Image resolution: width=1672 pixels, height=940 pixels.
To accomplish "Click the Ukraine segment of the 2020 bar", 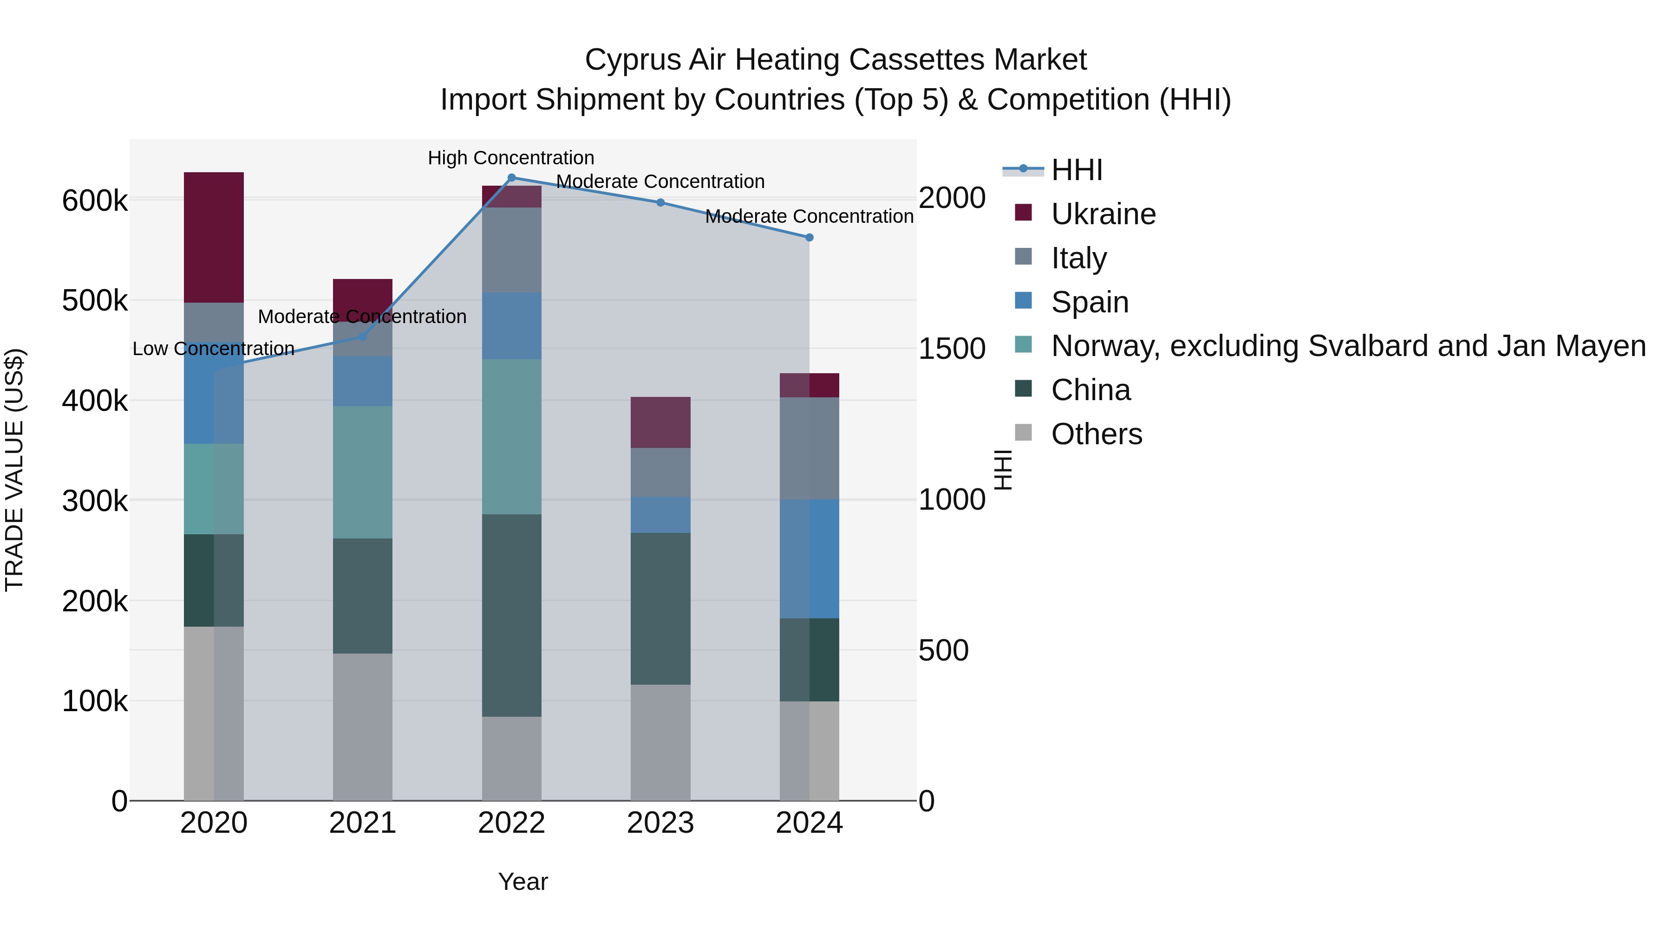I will [214, 237].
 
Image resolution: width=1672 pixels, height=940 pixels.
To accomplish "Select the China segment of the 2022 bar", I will [511, 615].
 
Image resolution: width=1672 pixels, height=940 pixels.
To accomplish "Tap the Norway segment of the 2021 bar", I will [362, 472].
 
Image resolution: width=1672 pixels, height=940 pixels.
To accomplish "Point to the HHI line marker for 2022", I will [511, 178].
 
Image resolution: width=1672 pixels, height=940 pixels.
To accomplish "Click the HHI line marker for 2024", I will [809, 237].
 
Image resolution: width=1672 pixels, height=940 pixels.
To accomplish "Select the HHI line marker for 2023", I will [660, 202].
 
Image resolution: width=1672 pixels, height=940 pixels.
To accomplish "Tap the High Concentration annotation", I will [511, 158].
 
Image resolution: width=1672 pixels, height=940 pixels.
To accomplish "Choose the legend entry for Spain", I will [1089, 302].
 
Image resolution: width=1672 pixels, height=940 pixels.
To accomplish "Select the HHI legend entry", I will [1076, 170].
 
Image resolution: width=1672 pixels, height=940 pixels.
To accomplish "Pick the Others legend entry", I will [1096, 434].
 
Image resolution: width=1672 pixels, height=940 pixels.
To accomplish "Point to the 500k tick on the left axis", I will [95, 301].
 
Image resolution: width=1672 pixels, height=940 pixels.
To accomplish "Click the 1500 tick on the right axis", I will [952, 348].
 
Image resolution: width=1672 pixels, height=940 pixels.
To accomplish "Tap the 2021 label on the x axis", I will [362, 823].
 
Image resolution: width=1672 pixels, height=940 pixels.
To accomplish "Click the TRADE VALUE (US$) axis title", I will [14, 470].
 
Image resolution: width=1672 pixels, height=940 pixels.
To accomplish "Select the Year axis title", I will [522, 882].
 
